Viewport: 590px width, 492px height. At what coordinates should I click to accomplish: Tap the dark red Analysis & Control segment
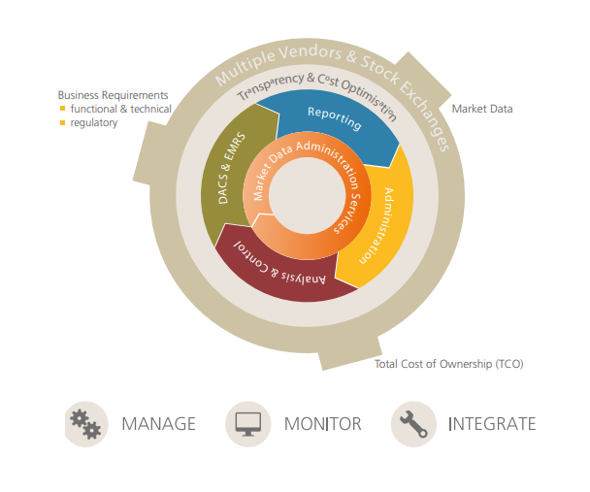coord(281,272)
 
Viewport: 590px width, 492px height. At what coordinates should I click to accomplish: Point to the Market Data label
coord(482,109)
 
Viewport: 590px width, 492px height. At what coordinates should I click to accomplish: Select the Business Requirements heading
coord(113,95)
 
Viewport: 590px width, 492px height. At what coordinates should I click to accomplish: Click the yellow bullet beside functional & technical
coord(62,109)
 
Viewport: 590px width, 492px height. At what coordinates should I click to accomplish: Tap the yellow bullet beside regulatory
coord(62,122)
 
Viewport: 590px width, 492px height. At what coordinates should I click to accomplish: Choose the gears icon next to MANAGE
coord(86,424)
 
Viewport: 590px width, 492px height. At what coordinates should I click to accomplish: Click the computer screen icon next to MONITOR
coord(248,424)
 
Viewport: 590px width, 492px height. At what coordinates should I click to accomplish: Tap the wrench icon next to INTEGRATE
coord(413,424)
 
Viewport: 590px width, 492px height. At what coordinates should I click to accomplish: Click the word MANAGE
coord(158,424)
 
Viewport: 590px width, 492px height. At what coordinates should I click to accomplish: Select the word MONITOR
coord(322,424)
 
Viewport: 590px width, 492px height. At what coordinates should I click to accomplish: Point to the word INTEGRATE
coord(492,424)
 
